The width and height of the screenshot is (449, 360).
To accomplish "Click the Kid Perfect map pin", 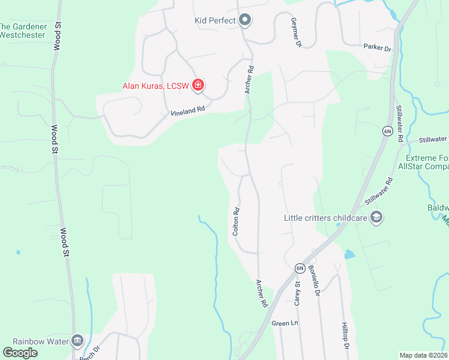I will pyautogui.click(x=245, y=21).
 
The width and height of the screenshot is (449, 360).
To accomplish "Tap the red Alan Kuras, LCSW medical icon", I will pyautogui.click(x=197, y=86).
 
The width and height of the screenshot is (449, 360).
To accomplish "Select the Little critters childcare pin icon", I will pyautogui.click(x=376, y=218).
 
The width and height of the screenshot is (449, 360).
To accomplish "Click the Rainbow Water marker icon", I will pyautogui.click(x=77, y=341).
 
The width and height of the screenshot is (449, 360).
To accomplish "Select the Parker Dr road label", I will pyautogui.click(x=377, y=47).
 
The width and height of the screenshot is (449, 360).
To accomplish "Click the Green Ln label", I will pyautogui.click(x=285, y=323).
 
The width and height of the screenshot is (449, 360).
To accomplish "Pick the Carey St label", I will pyautogui.click(x=297, y=293).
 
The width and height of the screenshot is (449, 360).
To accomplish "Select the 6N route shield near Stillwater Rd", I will pyautogui.click(x=387, y=130).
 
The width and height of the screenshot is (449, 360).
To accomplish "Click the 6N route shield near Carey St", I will pyautogui.click(x=300, y=268).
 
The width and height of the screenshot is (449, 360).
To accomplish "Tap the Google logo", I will pyautogui.click(x=20, y=352).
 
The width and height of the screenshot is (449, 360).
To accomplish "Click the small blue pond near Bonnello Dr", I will pyautogui.click(x=349, y=254).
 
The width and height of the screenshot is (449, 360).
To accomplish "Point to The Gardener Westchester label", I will pyautogui.click(x=22, y=31).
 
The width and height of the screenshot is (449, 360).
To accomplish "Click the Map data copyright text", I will pyautogui.click(x=424, y=355).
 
